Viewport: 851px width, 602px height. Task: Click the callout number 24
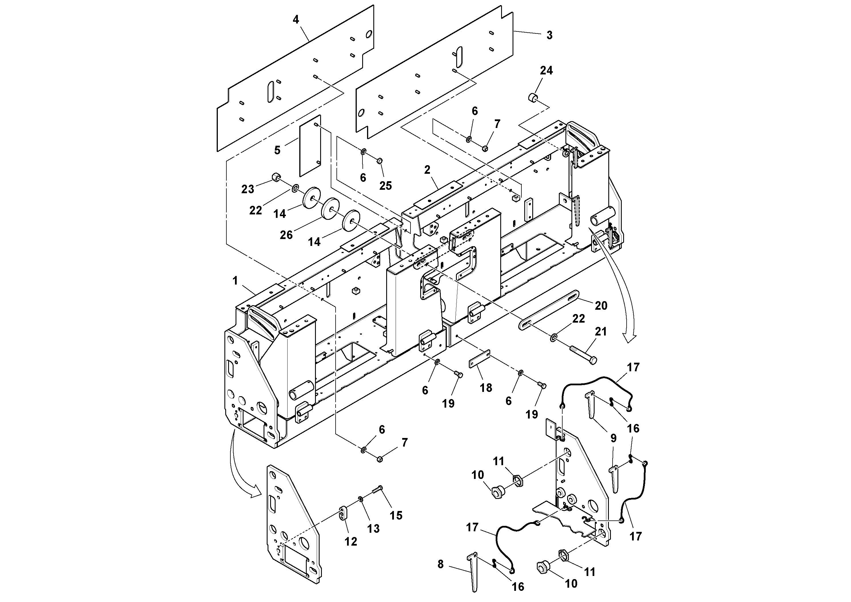coord(546,70)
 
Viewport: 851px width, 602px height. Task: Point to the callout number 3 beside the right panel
coord(549,35)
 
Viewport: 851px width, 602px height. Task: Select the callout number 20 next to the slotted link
coord(601,305)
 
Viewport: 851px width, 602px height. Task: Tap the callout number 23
coord(248,189)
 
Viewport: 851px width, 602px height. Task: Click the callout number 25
coord(385,185)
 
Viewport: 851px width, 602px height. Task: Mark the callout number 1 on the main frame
coord(235,281)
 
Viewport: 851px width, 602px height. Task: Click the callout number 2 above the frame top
coord(427,170)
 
